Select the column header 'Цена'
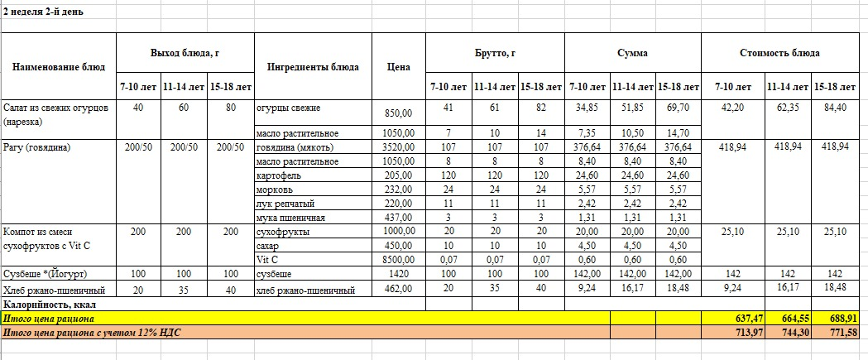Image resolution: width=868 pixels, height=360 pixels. pos(399,67)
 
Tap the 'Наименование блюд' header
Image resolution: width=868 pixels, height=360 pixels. pos(59,67)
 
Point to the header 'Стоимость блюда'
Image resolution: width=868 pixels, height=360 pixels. pos(779,52)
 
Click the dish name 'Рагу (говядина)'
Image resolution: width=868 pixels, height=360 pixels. pos(37,147)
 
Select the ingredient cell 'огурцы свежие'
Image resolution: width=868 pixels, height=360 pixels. pos(288,108)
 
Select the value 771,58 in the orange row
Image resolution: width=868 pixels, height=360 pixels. pos(836,332)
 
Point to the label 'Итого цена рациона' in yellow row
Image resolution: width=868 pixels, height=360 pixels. pos(49,318)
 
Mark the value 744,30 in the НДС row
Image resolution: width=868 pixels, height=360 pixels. pos(787,332)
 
